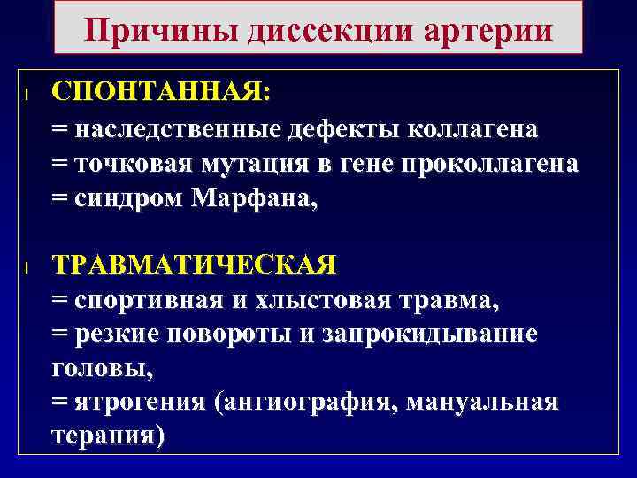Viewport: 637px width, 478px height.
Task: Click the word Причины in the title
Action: (154, 30)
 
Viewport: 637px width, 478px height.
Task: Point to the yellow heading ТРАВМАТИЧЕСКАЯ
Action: (195, 265)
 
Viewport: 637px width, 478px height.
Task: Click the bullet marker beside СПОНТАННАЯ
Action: (28, 93)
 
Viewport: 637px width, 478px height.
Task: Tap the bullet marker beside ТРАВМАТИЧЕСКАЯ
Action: (28, 266)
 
